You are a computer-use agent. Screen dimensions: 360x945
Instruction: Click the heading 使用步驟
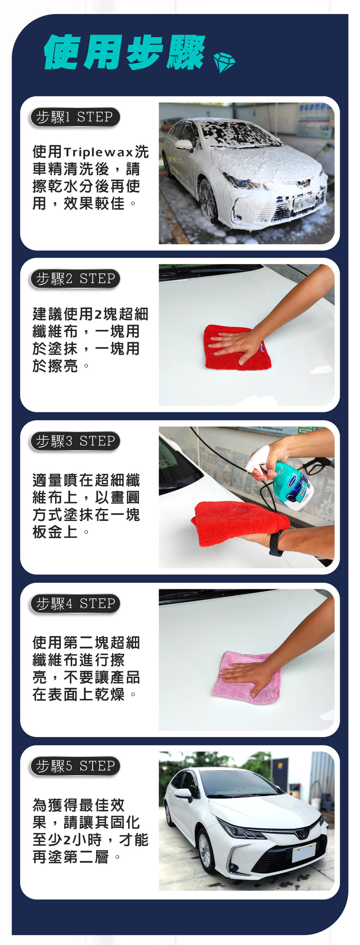(125, 52)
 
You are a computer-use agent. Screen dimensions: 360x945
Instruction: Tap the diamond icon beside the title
(224, 62)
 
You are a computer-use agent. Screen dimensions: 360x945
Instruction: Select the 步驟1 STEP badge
(75, 117)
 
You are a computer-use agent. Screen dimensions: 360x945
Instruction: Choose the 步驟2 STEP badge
(75, 279)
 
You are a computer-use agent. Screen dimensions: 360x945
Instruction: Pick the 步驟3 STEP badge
(75, 441)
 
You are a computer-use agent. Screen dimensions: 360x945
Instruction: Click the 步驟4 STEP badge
(75, 604)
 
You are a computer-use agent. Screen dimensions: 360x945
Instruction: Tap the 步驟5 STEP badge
(75, 766)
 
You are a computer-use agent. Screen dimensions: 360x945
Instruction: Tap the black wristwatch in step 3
(276, 542)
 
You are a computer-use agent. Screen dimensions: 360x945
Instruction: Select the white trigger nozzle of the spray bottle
(258, 459)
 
